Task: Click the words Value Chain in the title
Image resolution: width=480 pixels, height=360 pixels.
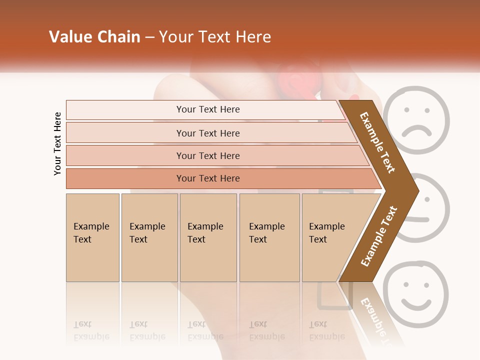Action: click(94, 37)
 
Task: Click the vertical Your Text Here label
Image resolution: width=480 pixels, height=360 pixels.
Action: click(57, 143)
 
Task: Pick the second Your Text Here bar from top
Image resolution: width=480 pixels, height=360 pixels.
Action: click(207, 133)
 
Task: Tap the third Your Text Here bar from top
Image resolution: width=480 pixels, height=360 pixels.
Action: click(207, 155)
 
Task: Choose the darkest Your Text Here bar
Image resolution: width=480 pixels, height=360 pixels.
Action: click(207, 178)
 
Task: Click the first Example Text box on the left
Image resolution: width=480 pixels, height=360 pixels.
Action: click(92, 237)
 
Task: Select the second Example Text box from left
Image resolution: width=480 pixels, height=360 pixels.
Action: click(149, 237)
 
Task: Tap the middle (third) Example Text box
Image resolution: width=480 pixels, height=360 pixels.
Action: click(208, 237)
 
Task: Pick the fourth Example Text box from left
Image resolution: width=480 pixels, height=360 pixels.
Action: click(269, 237)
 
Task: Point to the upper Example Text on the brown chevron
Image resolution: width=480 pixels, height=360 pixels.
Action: click(378, 142)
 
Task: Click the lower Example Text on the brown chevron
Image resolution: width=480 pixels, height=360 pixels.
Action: click(379, 236)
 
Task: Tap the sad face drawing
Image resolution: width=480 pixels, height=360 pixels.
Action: click(418, 120)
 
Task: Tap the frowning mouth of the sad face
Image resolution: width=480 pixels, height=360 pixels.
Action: click(417, 131)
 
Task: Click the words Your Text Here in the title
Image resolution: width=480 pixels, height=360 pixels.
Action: click(215, 37)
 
